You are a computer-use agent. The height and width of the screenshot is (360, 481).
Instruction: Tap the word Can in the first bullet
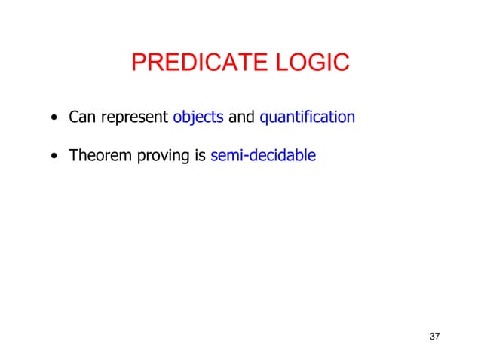click(x=81, y=117)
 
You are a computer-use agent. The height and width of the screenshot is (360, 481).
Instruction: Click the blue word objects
click(x=198, y=118)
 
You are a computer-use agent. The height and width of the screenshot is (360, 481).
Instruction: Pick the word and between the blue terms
click(x=241, y=117)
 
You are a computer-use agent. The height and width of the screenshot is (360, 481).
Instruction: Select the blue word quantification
click(x=307, y=118)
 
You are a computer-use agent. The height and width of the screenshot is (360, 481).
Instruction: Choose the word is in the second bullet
click(x=200, y=156)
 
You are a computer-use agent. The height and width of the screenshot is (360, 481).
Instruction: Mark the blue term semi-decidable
click(x=263, y=156)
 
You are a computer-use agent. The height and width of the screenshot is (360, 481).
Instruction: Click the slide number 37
click(x=434, y=335)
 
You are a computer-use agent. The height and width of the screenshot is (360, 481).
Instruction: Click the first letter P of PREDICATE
click(x=138, y=63)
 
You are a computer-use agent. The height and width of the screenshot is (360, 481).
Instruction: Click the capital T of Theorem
click(x=73, y=156)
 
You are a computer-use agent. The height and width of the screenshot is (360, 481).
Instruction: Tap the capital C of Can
click(x=74, y=117)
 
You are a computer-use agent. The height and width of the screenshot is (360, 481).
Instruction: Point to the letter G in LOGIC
click(x=318, y=63)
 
